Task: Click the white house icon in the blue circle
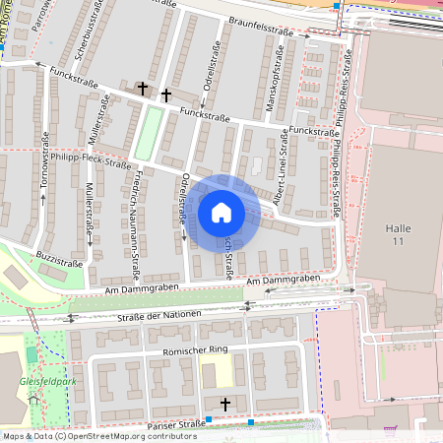(221, 212)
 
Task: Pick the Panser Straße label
(174, 424)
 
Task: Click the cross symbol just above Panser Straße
(225, 405)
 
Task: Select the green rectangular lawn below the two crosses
(147, 133)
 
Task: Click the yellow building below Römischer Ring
(210, 374)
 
